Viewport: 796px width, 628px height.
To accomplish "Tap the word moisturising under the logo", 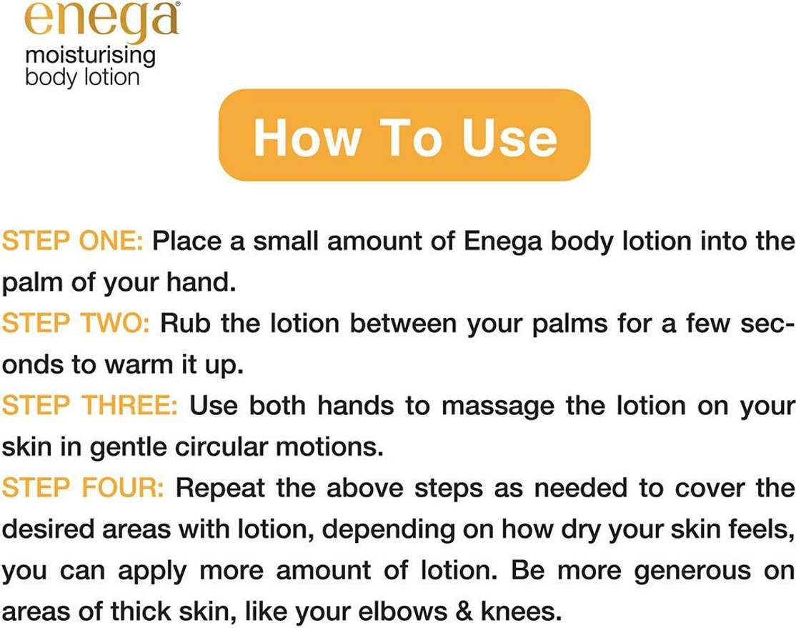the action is coord(90,56).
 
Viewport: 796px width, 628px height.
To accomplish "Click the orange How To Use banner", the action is coord(404,135).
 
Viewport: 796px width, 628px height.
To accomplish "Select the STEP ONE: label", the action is coord(73,241).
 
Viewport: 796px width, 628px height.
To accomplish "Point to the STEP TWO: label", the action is coord(76,324).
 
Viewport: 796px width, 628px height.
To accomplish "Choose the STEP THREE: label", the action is coord(90,406).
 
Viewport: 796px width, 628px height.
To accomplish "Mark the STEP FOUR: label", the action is coord(83,488).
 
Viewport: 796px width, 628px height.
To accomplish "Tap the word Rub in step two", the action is coord(185,324).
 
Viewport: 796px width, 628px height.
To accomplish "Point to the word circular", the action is coord(221,447).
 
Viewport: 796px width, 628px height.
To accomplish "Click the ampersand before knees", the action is coord(464,612).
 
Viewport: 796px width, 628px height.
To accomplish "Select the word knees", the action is coord(522,612).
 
